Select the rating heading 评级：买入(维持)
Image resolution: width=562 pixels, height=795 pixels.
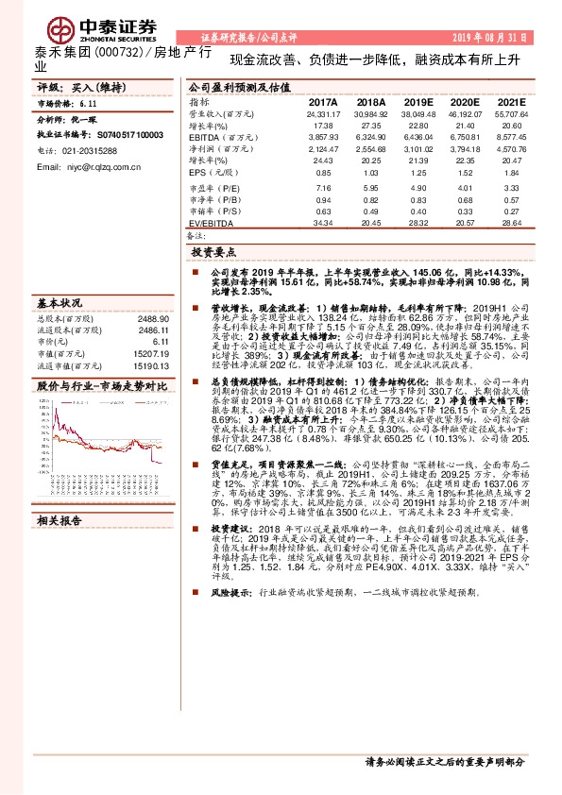75,86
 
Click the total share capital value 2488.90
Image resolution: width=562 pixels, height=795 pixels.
153,320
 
